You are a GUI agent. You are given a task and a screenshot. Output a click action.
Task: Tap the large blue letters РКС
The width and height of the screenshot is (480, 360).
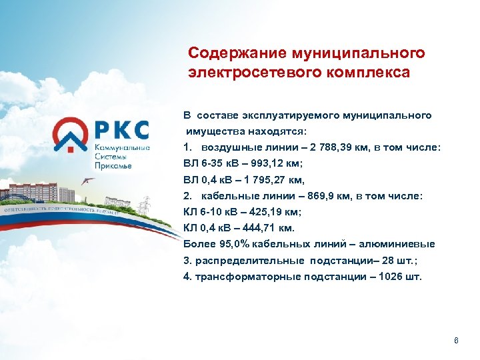click(123, 129)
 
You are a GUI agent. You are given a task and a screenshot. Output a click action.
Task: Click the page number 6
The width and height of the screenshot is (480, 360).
click(456, 341)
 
